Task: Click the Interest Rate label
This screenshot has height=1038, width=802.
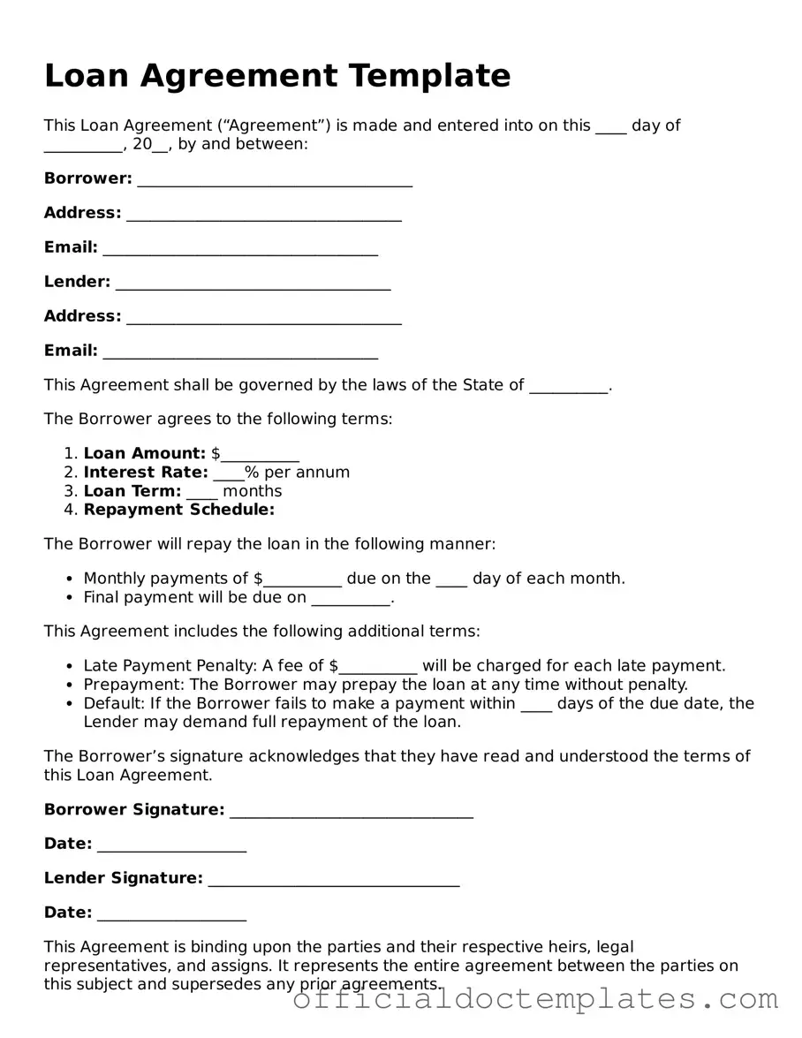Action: pos(146,473)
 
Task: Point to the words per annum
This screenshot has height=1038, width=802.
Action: pos(306,473)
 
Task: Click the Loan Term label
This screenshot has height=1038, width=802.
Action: pos(132,491)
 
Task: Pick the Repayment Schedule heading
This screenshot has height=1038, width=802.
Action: pos(179,510)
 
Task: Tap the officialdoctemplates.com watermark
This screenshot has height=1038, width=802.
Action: pos(535,999)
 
